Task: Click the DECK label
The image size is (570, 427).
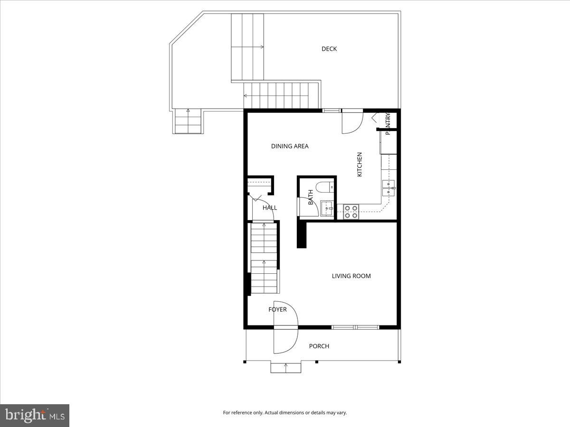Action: pos(329,49)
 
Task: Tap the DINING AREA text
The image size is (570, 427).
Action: pos(290,146)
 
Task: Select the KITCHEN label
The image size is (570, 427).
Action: pos(360,165)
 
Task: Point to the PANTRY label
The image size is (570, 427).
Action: pos(388,124)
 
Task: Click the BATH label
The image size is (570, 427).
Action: pos(311,197)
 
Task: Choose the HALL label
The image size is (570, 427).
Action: pos(270,208)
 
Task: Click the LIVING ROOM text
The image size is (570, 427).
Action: pos(351,276)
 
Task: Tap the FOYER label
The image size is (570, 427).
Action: pos(277,310)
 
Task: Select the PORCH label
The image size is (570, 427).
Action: pos(319,346)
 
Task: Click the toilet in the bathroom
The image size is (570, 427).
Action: pos(326,187)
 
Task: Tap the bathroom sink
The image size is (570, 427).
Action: pos(327,208)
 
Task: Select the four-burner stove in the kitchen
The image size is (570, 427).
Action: pos(351,212)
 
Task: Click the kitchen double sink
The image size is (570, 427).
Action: pos(389,188)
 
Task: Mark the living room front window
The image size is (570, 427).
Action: pos(355,327)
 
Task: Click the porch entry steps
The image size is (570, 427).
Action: pos(285,367)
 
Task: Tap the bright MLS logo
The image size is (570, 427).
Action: pos(35,416)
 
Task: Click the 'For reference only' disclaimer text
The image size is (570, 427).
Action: pos(285,413)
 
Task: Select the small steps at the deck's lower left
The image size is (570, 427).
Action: pos(188,121)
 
